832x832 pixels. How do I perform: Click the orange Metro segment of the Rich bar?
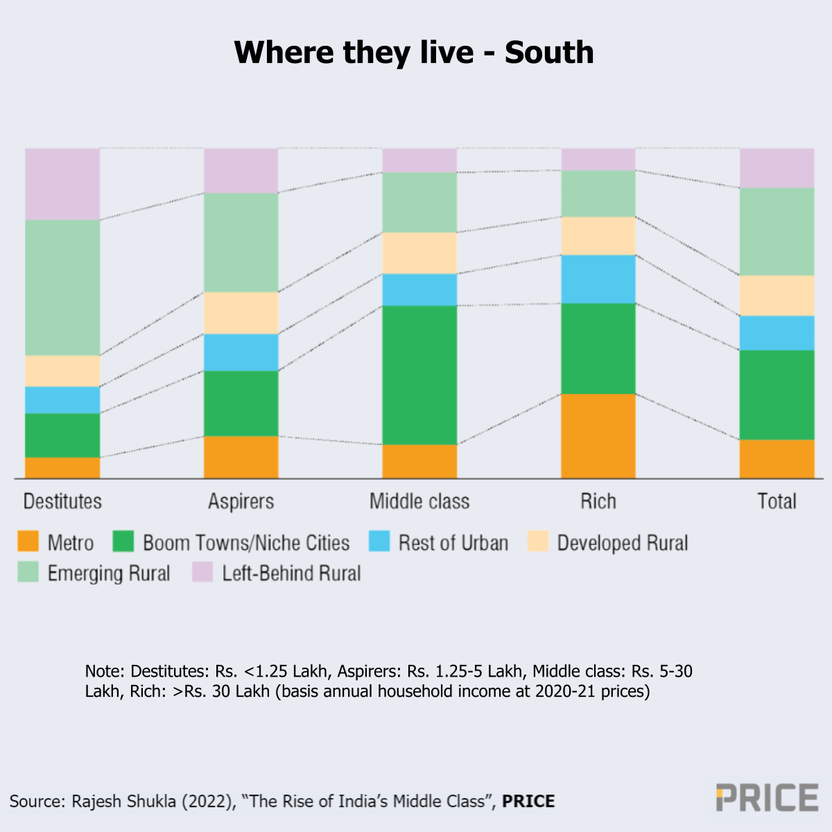tap(598, 435)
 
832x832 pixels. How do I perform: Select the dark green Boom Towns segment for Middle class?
tap(419, 374)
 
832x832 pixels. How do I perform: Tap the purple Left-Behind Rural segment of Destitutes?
tap(62, 184)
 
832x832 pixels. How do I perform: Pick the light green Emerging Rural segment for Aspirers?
tap(241, 242)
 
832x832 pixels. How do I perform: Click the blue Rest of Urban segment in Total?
tap(777, 333)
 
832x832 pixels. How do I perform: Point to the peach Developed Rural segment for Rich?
tap(598, 236)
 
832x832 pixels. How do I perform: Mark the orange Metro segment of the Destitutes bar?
tap(62, 467)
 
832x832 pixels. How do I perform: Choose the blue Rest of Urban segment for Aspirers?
tap(241, 352)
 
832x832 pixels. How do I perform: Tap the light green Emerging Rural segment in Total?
tap(777, 232)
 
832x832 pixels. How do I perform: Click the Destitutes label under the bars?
tap(62, 501)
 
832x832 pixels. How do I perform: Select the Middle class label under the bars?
tap(419, 501)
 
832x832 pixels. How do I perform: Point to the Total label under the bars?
tap(777, 501)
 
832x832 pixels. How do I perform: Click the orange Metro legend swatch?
tap(28, 541)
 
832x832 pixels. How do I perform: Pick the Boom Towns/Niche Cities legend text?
tap(246, 542)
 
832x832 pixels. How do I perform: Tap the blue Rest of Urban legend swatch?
tap(379, 541)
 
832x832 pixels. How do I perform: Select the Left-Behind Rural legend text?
tap(291, 573)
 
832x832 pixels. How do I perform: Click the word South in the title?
tap(549, 53)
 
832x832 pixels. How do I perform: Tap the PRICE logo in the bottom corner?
tap(767, 797)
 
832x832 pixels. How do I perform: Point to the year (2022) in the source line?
tap(206, 801)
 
